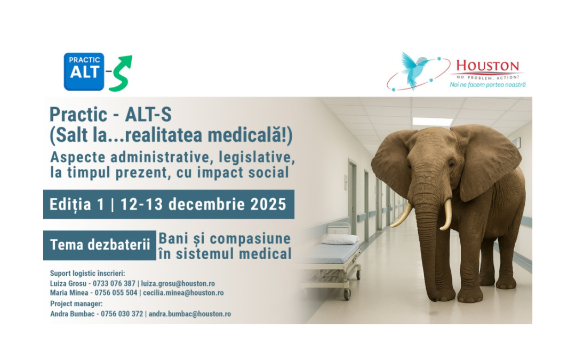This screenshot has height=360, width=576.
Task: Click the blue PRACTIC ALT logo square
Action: pyautogui.click(x=84, y=71)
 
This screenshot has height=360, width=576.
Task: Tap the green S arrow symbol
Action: pyautogui.click(x=121, y=73)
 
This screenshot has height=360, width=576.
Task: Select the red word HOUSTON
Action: pyautogui.click(x=487, y=67)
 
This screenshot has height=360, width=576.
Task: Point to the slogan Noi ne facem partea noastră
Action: pyautogui.click(x=487, y=85)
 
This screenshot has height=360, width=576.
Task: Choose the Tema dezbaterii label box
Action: pyautogui.click(x=100, y=245)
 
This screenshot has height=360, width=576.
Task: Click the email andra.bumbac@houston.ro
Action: pyautogui.click(x=190, y=314)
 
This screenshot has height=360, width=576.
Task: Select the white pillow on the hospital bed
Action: pyautogui.click(x=340, y=239)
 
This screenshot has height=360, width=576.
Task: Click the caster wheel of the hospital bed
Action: pyautogui.click(x=347, y=293)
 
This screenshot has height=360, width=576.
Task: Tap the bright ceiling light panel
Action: pyautogui.click(x=433, y=122)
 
